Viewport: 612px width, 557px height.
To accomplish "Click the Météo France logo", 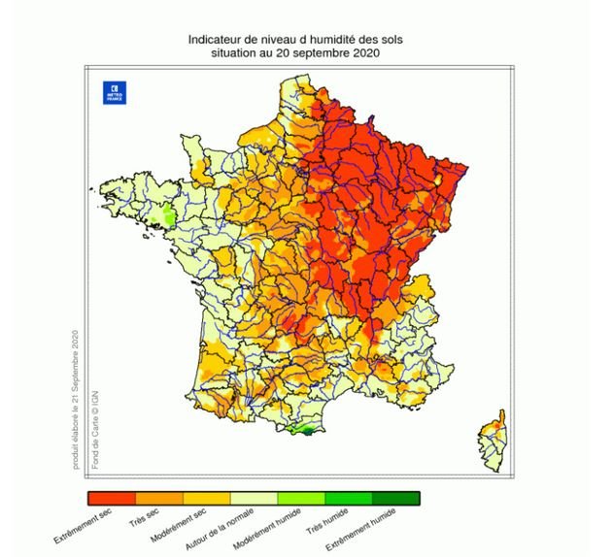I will (114, 93).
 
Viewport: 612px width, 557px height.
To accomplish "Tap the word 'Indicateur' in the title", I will (215, 39).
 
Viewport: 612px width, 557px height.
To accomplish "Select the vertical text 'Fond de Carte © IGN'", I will (95, 428).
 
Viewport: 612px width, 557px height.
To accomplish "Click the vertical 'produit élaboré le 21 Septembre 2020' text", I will (74, 399).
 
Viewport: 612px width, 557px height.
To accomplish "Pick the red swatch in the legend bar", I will (110, 498).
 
